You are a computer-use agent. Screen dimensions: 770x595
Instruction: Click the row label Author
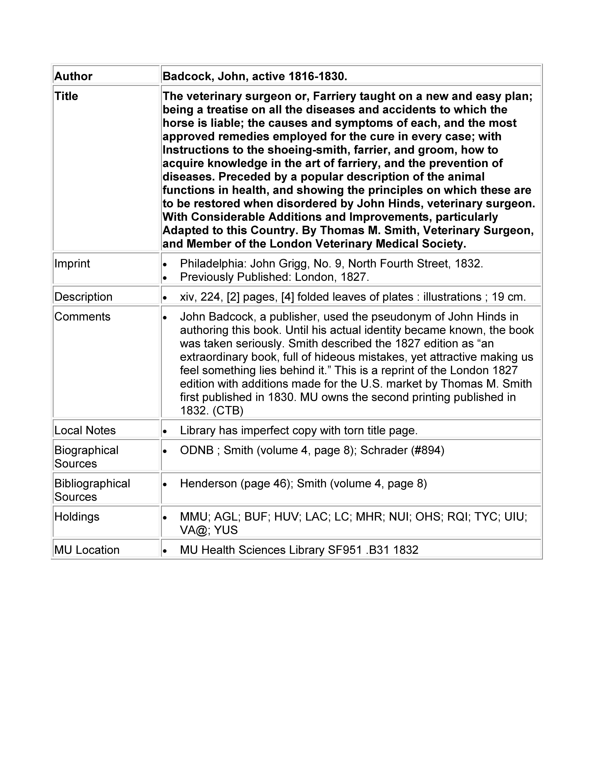pyautogui.click(x=73, y=76)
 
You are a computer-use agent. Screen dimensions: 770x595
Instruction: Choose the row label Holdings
pyautogui.click(x=77, y=516)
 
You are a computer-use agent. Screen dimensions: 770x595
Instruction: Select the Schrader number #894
pyautogui.click(x=427, y=450)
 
